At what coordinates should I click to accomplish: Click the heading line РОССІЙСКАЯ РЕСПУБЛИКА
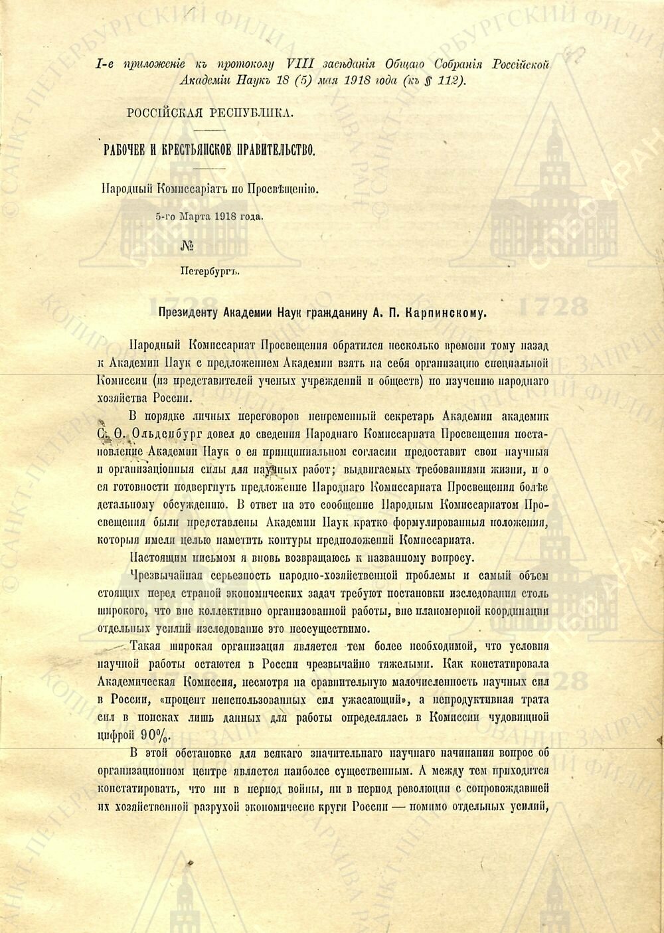click(x=210, y=112)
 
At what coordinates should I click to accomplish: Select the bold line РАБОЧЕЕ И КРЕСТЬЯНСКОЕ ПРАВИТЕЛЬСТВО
click(x=208, y=149)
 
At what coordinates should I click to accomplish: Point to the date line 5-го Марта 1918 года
click(x=209, y=216)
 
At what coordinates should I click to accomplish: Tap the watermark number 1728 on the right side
click(x=554, y=307)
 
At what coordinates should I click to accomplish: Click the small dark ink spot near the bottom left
click(x=191, y=863)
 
